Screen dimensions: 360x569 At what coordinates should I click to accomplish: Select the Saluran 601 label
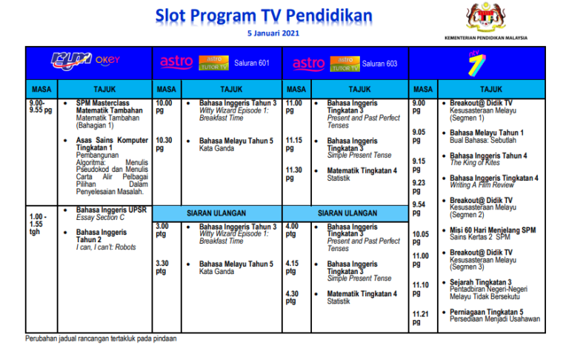[x=251, y=64]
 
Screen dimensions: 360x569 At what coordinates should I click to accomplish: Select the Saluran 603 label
[x=379, y=64]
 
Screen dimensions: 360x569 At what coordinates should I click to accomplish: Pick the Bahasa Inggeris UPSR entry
[x=111, y=210]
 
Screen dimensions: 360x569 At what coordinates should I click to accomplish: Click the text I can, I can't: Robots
[x=107, y=247]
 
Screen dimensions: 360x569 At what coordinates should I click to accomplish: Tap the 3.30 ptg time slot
[x=162, y=267]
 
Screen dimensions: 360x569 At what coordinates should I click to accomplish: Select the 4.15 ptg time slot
[x=292, y=267]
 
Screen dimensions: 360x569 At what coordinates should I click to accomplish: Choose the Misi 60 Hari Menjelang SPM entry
[x=493, y=230]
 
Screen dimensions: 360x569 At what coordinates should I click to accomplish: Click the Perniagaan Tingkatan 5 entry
[x=496, y=312]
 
